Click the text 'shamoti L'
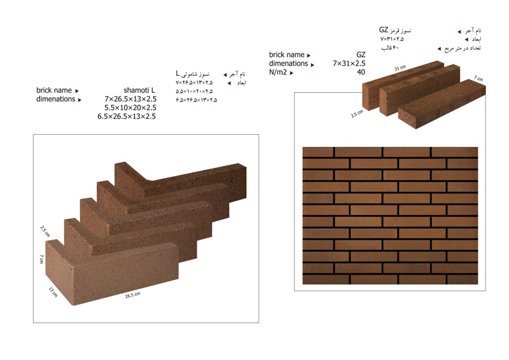pyautogui.click(x=139, y=90)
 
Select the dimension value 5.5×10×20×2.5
pyautogui.click(x=130, y=107)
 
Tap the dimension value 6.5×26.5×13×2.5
pyautogui.click(x=127, y=116)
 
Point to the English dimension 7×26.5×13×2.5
pyautogui.click(x=130, y=99)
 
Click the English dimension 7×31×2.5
pyautogui.click(x=349, y=64)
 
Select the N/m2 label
pyautogui.click(x=278, y=72)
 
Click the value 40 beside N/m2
pyautogui.click(x=361, y=72)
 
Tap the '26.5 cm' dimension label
pyautogui.click(x=133, y=295)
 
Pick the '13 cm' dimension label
pyautogui.click(x=53, y=292)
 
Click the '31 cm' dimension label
pyautogui.click(x=400, y=68)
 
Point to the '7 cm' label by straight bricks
pyautogui.click(x=478, y=78)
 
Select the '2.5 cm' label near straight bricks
pyautogui.click(x=357, y=114)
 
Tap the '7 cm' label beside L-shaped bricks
pyautogui.click(x=41, y=259)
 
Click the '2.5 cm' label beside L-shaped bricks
pyautogui.click(x=45, y=231)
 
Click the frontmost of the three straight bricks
pyautogui.click(x=442, y=104)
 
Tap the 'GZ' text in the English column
pyautogui.click(x=361, y=55)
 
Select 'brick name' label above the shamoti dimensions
pyautogui.click(x=54, y=90)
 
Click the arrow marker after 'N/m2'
pyautogui.click(x=291, y=73)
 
